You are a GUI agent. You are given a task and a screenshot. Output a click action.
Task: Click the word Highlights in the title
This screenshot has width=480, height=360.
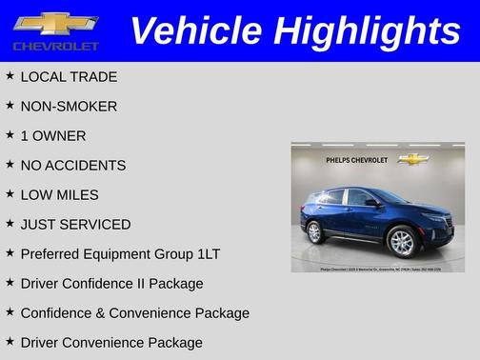click(366, 31)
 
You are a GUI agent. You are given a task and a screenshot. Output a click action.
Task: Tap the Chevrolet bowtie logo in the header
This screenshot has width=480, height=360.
click(56, 24)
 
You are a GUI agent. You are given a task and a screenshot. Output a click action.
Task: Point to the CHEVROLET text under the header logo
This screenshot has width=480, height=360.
click(56, 46)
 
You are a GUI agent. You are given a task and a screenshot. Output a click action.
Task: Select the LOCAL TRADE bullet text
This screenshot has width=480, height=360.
click(69, 76)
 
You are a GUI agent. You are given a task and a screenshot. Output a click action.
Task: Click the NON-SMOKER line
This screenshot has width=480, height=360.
click(69, 106)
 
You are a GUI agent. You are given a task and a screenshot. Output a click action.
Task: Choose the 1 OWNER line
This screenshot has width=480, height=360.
click(52, 135)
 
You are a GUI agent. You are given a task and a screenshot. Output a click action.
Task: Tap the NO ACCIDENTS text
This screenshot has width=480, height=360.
click(72, 165)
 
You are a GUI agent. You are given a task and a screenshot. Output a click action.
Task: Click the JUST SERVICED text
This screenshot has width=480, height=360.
click(75, 224)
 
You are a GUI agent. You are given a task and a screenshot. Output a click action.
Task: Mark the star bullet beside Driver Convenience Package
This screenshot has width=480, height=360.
click(10, 340)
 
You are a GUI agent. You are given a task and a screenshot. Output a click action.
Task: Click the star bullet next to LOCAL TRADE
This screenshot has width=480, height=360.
click(10, 74)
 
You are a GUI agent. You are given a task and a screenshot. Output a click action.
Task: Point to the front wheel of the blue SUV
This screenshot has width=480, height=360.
click(403, 243)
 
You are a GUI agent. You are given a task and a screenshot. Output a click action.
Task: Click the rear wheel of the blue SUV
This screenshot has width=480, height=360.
click(315, 232)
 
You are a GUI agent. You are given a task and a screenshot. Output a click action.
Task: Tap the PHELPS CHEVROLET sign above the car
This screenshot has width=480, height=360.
click(356, 160)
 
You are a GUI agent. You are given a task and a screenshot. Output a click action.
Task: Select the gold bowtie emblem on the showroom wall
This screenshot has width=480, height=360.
click(412, 159)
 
